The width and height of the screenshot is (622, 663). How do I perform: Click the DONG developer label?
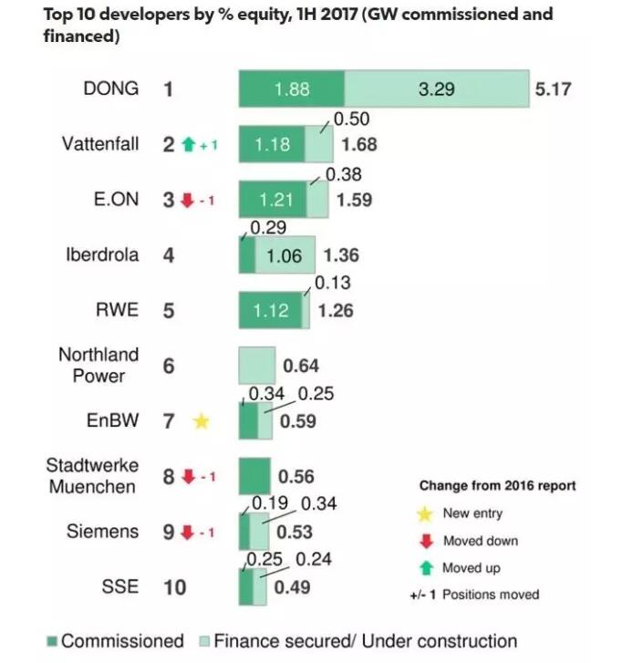coord(110,88)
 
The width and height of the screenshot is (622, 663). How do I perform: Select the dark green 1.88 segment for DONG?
coord(292,89)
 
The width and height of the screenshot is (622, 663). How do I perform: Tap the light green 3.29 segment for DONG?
coord(437,89)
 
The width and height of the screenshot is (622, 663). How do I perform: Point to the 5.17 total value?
coord(553,89)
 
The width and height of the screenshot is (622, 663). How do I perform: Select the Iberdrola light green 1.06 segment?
coord(285,255)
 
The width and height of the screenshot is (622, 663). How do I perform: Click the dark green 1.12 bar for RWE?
coord(271,311)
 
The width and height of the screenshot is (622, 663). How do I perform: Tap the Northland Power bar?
coord(256,366)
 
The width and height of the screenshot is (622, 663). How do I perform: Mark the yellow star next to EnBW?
coord(202,421)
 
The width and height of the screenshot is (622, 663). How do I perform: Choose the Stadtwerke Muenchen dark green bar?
coord(254,476)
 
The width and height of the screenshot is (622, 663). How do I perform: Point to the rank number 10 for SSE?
coord(174,586)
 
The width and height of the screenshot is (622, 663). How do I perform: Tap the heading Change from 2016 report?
coord(497,485)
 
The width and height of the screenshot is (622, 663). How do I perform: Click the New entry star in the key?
coord(423,513)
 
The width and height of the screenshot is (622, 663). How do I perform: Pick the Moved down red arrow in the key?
coord(423,541)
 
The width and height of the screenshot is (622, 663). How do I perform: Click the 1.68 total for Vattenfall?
coord(358,144)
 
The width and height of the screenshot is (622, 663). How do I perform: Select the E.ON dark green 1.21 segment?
coord(272,200)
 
